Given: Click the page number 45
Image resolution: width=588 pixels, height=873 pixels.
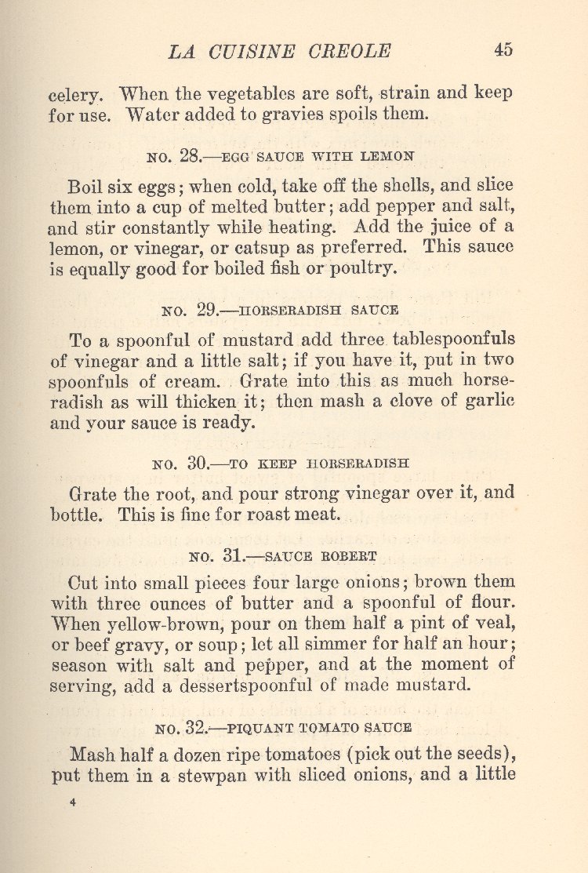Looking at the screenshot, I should point(503,49).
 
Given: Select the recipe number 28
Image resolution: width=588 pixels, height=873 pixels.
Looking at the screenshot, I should point(191,156).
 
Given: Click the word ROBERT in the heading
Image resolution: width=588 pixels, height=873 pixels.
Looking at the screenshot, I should point(350,556).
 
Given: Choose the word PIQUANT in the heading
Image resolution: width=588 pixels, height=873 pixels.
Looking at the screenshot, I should point(249,727).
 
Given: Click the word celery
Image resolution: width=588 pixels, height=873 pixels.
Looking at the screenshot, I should point(74,95).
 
